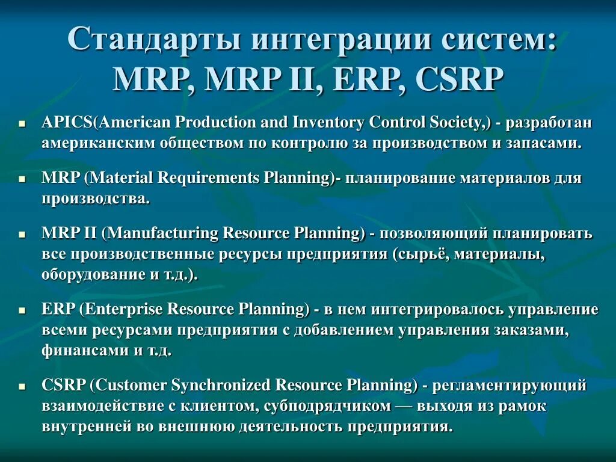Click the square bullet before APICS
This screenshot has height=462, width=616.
click(x=22, y=123)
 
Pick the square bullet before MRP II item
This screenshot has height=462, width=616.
click(x=22, y=233)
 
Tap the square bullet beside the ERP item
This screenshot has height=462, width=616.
click(x=22, y=310)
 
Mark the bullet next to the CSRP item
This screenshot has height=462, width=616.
click(x=22, y=386)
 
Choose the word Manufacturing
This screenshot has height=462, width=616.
click(x=162, y=233)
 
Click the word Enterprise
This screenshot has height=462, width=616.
click(x=125, y=309)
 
